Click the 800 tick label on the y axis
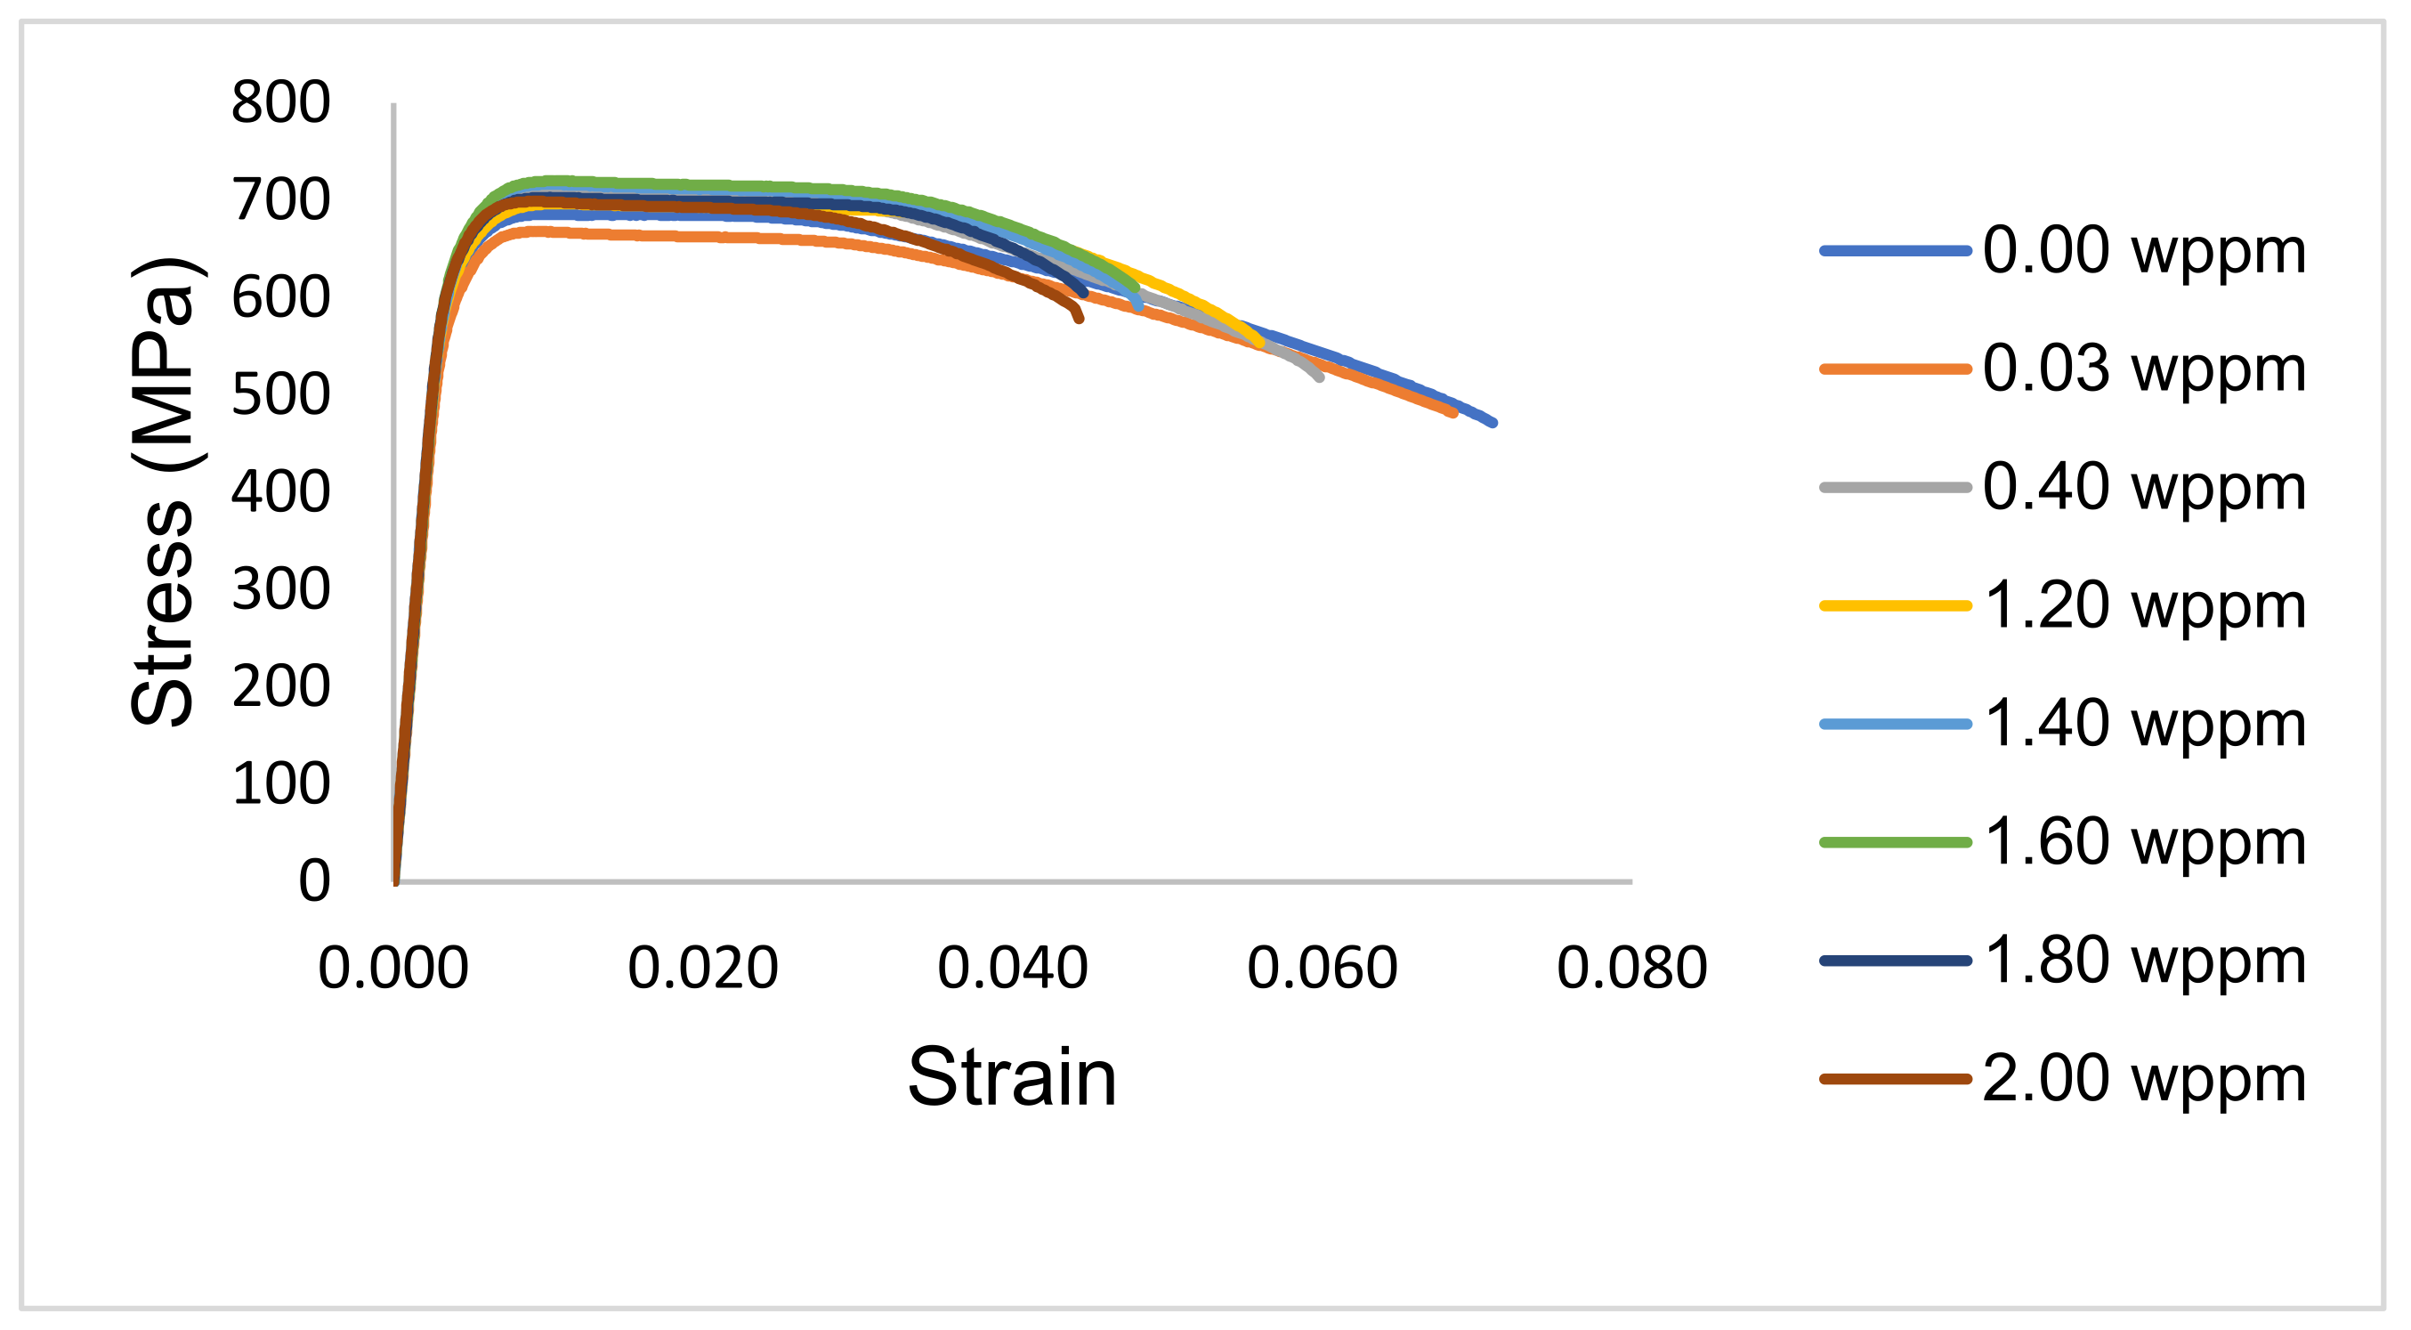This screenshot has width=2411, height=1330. click(280, 102)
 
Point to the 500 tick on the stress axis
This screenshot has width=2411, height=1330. click(280, 394)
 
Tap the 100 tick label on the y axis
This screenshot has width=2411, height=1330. click(280, 783)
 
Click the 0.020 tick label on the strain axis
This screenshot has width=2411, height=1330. click(703, 968)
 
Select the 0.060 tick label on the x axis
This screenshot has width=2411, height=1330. click(1323, 968)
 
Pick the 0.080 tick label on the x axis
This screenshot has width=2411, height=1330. click(1632, 968)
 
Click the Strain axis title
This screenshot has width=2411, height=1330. click(1012, 1077)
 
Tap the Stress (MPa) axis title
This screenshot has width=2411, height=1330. click(163, 491)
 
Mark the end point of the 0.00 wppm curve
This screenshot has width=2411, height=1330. click(1493, 423)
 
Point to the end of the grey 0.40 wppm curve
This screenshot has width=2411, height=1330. click(1320, 377)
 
